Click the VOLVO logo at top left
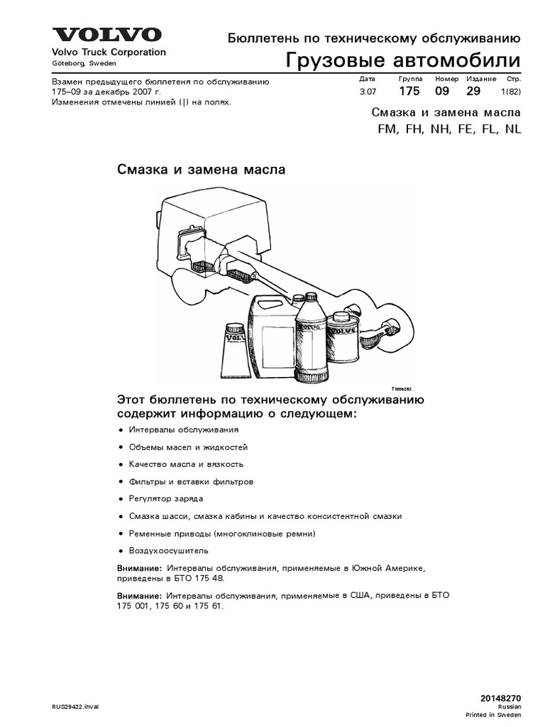[x=105, y=35]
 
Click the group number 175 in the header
[x=409, y=92]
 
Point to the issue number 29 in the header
[x=473, y=92]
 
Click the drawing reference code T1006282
[x=401, y=389]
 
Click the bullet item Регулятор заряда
[x=165, y=499]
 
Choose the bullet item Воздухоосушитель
[x=168, y=550]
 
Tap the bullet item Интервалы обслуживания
[x=183, y=430]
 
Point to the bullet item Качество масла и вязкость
[x=185, y=464]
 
